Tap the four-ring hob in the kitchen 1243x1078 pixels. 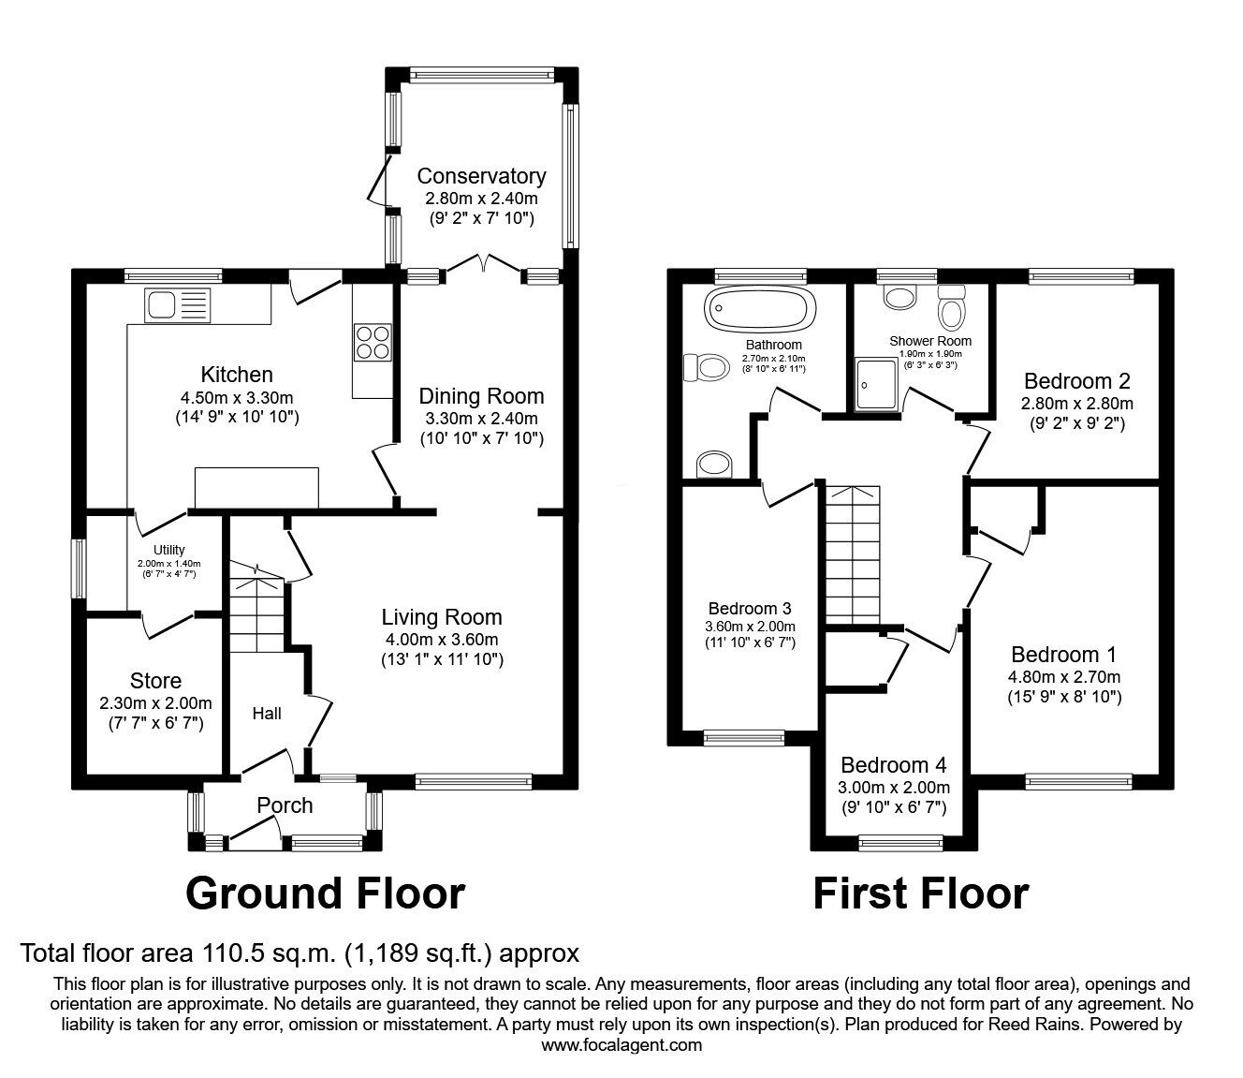click(x=372, y=341)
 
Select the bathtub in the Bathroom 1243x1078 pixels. click(x=760, y=309)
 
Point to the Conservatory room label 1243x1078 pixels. click(x=481, y=176)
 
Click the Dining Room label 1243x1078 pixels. click(x=481, y=395)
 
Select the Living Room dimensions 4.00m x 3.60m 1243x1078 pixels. click(x=442, y=640)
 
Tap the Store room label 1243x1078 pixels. click(x=155, y=681)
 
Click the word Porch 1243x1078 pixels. click(x=285, y=805)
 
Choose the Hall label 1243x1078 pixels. click(x=267, y=714)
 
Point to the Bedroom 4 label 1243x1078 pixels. click(x=894, y=764)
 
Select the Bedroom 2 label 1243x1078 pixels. click(x=1076, y=381)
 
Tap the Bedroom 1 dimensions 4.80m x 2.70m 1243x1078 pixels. click(x=1063, y=676)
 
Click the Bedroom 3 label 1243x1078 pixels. click(x=750, y=608)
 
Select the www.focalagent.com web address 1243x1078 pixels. click(x=621, y=1045)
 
